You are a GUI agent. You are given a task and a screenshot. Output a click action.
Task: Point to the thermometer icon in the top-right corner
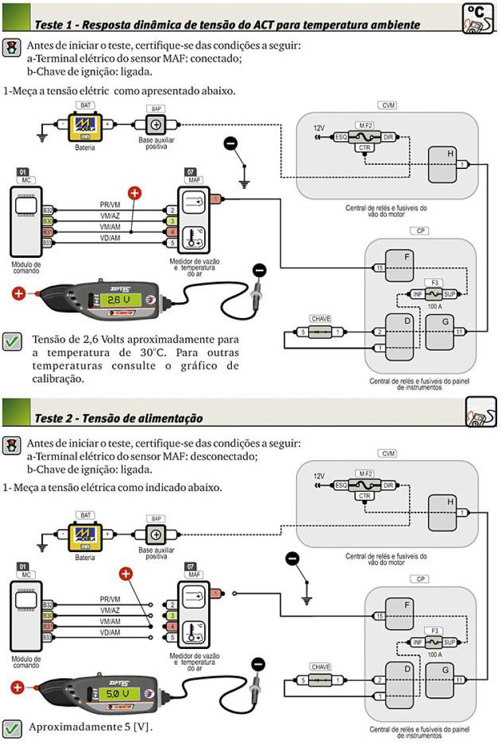coord(477,19)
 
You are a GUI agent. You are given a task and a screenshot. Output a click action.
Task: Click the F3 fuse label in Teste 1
coord(435,282)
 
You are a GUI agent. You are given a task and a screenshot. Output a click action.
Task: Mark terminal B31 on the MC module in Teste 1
coord(48,232)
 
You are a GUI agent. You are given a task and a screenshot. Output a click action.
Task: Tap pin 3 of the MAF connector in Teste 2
coord(172,616)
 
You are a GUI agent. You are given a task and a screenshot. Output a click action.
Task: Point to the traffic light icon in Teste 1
coord(11,47)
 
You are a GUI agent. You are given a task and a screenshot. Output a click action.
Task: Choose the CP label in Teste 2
coord(420,579)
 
